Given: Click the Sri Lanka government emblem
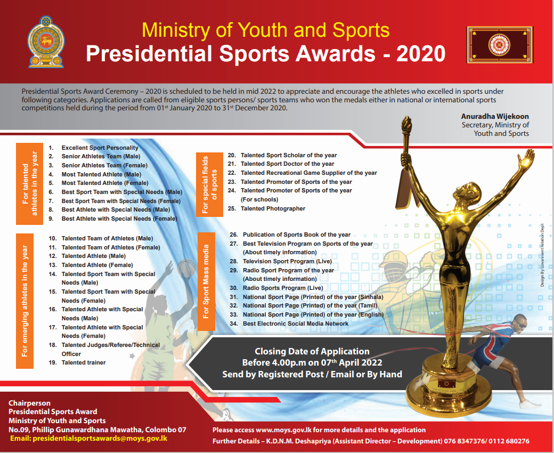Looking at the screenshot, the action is click(x=46, y=42).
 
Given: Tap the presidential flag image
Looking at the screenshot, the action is click(x=500, y=45).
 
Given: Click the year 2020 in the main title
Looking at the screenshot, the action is click(x=420, y=54).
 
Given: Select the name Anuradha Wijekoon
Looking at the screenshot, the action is click(x=495, y=116).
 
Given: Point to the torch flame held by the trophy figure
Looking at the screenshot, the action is click(x=406, y=124).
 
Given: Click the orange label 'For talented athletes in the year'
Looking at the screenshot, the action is click(x=29, y=184).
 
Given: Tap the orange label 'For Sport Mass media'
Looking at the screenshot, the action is click(x=206, y=281).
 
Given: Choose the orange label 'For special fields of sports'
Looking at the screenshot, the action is click(x=209, y=184).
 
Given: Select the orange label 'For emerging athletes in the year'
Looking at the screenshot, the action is click(x=25, y=301).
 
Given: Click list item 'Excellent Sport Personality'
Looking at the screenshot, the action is click(x=100, y=148).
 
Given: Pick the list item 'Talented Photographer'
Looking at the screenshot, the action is click(x=273, y=208).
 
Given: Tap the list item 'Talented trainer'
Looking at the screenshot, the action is click(x=84, y=362).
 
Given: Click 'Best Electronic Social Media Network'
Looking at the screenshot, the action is click(x=295, y=323).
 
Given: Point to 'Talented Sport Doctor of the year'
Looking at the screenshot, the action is click(x=287, y=164).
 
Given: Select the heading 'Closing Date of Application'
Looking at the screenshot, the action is click(x=312, y=351).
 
